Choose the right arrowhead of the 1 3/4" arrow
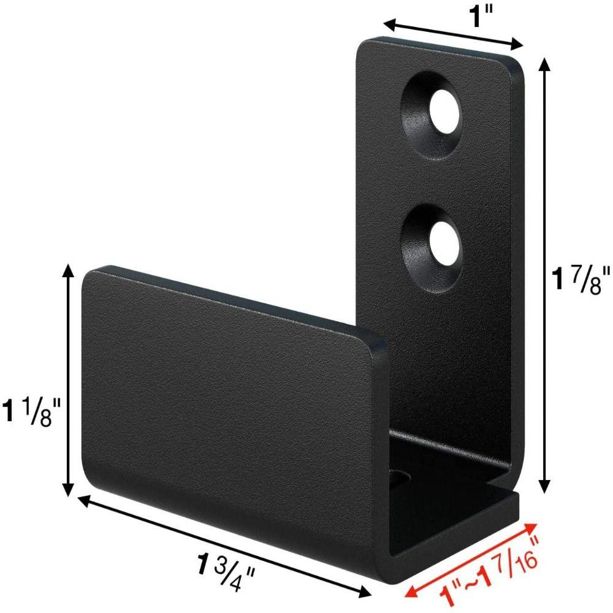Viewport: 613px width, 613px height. [x=368, y=594]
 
